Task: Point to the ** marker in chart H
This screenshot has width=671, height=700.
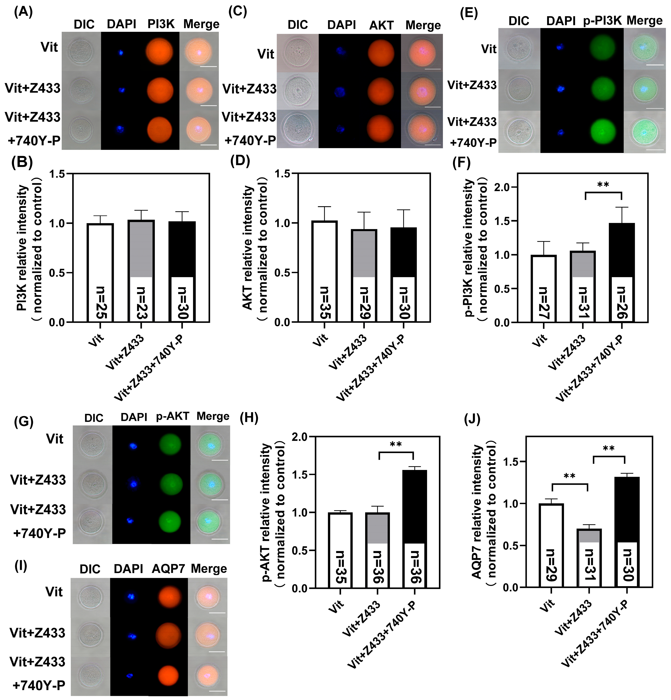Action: (x=396, y=445)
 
